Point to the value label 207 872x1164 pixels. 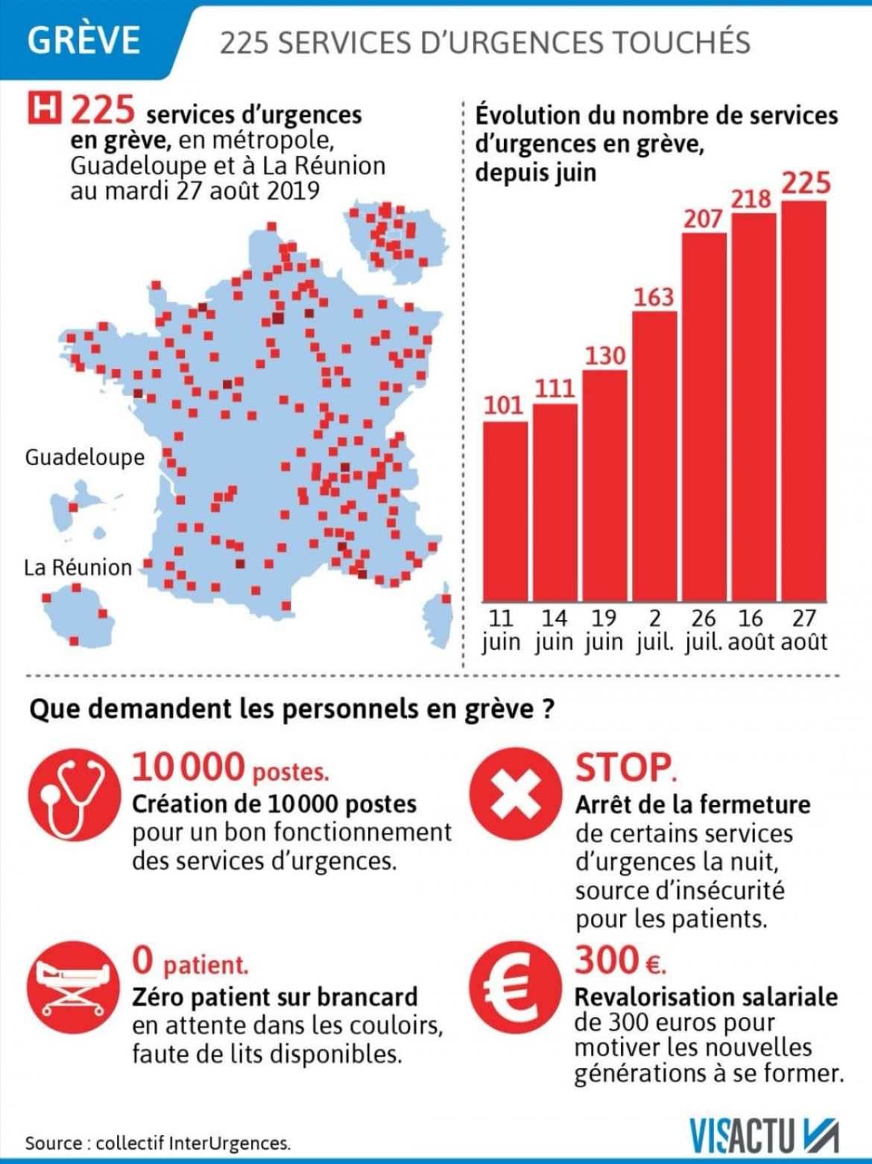click(703, 218)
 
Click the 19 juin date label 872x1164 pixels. click(604, 630)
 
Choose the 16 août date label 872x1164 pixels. click(751, 630)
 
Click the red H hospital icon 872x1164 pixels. click(45, 109)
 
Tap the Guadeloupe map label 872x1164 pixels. click(85, 457)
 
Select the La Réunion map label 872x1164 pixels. click(78, 568)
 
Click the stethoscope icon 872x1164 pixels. click(74, 796)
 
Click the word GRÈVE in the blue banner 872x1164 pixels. click(83, 39)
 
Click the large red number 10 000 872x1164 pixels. click(189, 767)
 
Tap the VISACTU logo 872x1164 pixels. click(763, 1136)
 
